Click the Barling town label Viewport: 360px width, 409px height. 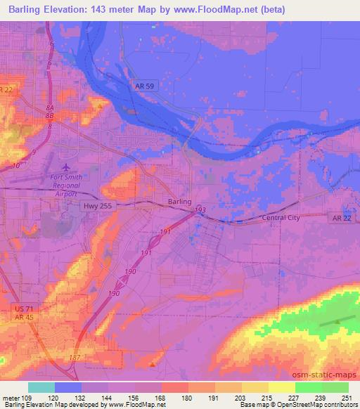[179, 202]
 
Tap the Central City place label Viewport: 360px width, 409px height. [281, 218]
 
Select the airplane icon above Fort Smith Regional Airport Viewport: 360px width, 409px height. [66, 167]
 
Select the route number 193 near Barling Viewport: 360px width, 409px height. [200, 209]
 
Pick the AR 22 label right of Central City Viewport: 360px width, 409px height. [340, 219]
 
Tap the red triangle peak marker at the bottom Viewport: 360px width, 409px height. [153, 364]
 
